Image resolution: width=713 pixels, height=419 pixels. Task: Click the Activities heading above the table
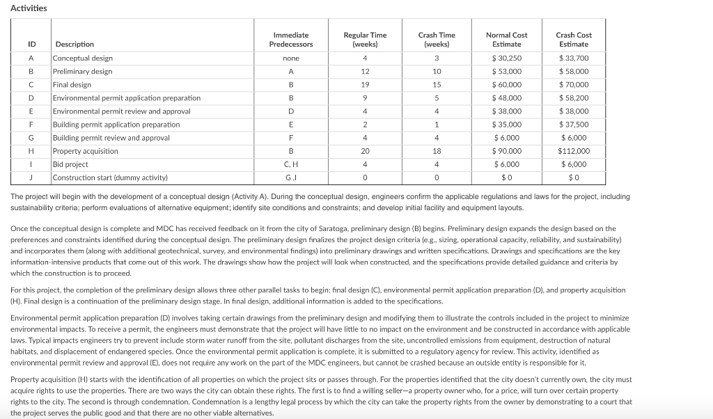[29, 8]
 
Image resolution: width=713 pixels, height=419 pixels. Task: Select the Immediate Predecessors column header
[290, 40]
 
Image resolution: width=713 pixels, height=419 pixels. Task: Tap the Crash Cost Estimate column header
[573, 40]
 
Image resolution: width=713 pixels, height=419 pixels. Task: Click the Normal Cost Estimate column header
[506, 40]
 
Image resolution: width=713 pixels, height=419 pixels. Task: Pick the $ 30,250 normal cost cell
[506, 58]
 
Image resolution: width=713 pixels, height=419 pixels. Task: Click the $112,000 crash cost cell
[573, 151]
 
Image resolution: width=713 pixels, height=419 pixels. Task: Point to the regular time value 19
[365, 85]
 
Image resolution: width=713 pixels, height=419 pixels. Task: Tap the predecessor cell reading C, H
[290, 164]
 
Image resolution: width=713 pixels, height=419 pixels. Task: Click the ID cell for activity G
[31, 138]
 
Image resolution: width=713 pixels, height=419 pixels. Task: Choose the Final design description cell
[72, 85]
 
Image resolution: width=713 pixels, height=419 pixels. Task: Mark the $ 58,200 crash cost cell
[573, 98]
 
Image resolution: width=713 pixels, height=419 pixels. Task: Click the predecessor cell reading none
[290, 58]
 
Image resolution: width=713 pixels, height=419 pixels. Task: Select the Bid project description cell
[70, 164]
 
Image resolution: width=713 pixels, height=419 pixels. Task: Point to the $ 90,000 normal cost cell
[506, 151]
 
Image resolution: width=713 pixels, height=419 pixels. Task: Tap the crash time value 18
[437, 151]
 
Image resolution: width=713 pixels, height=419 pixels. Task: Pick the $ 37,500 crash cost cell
[573, 125]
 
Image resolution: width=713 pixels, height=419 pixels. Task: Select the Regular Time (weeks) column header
[365, 40]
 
